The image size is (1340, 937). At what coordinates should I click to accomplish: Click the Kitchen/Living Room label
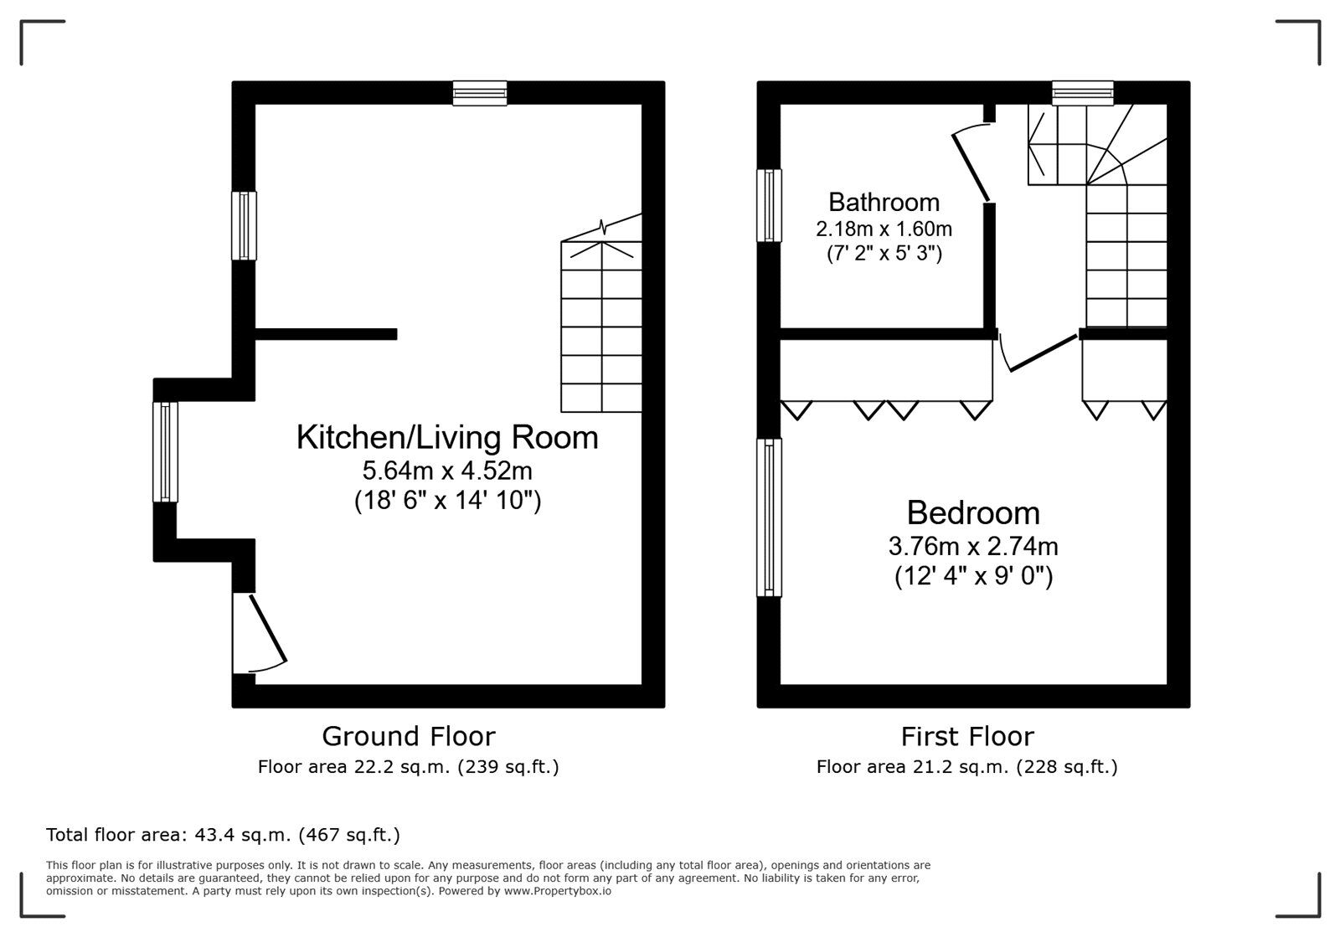[447, 437]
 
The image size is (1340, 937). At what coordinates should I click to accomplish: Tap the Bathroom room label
[884, 202]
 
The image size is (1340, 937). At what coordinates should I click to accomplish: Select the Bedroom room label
[972, 512]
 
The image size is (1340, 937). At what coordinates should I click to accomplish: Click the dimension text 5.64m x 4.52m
[447, 471]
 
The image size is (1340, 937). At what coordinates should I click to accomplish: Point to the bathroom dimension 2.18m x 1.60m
[884, 228]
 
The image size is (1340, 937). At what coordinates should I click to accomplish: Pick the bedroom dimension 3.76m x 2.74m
[972, 547]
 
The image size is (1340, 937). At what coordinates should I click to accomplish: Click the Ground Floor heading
[408, 736]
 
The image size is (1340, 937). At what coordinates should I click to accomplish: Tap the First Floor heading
[966, 736]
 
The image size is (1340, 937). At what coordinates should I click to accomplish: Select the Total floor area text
[223, 835]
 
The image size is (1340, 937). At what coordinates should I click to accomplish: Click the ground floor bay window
[165, 452]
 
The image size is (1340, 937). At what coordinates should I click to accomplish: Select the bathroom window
[769, 205]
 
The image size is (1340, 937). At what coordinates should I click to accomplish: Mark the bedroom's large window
[769, 517]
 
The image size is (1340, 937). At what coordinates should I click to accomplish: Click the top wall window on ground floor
[480, 93]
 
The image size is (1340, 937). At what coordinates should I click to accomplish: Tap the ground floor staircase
[601, 327]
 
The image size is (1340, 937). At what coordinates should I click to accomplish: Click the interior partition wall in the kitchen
[326, 334]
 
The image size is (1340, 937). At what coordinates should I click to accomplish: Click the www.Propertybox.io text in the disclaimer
[557, 892]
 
